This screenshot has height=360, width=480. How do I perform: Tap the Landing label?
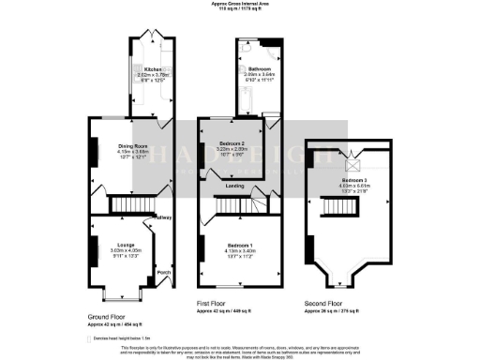[x=234, y=186]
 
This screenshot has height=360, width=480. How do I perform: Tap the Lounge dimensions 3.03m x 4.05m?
[x=125, y=250]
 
